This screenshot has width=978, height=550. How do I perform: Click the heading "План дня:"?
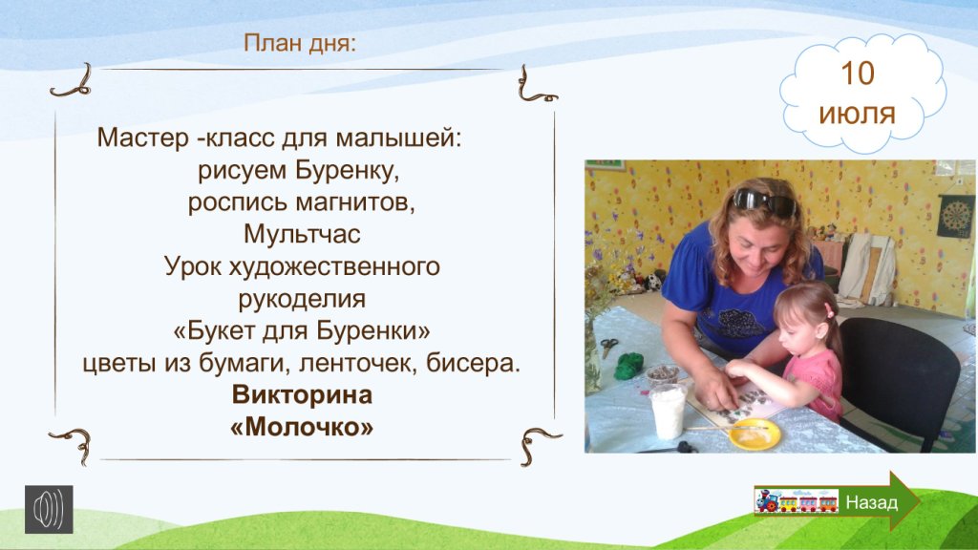[299, 44]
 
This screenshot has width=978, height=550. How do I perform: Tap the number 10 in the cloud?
[858, 74]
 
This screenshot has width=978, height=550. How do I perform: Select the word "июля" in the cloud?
[857, 115]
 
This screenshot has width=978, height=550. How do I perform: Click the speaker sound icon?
[49, 510]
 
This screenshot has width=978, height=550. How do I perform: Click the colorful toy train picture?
[796, 501]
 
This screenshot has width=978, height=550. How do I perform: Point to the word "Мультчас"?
[302, 234]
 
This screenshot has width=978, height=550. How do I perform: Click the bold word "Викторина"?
[302, 394]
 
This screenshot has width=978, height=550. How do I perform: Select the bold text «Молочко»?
[302, 427]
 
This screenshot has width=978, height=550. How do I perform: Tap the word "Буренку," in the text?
[348, 170]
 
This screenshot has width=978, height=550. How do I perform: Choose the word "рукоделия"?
[302, 299]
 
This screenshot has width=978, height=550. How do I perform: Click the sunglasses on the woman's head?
[764, 201]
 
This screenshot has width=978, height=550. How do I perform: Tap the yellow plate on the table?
[755, 434]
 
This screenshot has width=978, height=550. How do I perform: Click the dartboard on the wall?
[955, 216]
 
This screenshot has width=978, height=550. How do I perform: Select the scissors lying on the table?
[608, 346]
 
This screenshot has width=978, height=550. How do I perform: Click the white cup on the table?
[668, 411]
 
